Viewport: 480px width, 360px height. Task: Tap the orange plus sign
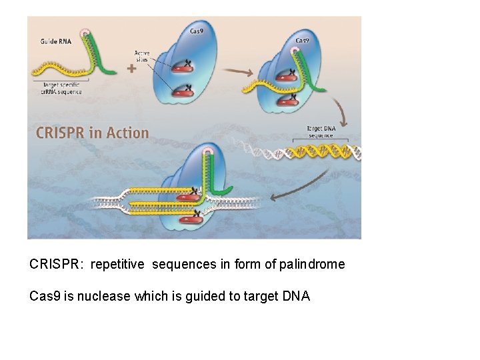[x=131, y=68]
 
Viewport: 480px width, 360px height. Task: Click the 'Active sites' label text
[x=142, y=56]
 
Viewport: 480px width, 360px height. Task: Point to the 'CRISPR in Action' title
[x=93, y=132]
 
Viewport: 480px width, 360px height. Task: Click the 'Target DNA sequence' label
[x=321, y=131]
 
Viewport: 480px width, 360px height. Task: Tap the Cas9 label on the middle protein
[x=197, y=31]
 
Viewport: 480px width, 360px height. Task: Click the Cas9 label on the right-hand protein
[x=302, y=40]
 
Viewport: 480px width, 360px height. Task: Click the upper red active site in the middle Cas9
[x=181, y=67]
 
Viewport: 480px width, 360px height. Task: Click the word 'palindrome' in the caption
[x=312, y=265]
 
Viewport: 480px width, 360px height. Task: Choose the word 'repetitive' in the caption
[x=117, y=265]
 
